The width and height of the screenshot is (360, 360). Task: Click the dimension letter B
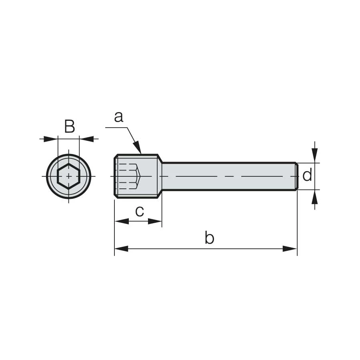[x=70, y=126]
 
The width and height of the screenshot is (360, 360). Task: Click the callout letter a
[x=119, y=117]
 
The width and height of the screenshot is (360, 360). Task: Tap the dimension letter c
[x=140, y=212]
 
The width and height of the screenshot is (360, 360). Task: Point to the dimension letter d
[x=307, y=175]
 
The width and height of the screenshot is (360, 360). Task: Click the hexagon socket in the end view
[x=69, y=176]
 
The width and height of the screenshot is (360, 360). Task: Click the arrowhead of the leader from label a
[x=137, y=147]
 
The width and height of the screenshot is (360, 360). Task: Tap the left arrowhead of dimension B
[x=50, y=139]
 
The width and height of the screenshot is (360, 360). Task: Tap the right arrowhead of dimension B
[x=86, y=139]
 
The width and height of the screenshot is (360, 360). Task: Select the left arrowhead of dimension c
[x=122, y=221]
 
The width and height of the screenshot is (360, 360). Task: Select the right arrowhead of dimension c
[x=155, y=221]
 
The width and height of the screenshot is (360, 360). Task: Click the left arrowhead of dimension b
[x=122, y=249]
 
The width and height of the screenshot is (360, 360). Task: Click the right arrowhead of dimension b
[x=290, y=249]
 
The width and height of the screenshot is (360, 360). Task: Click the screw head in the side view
[x=136, y=176]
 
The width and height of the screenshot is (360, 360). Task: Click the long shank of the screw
[x=228, y=176]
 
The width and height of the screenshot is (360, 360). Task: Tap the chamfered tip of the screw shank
[x=297, y=176]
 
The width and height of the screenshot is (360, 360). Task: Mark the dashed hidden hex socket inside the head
[x=128, y=176]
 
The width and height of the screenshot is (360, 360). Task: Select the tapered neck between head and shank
[x=160, y=176]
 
